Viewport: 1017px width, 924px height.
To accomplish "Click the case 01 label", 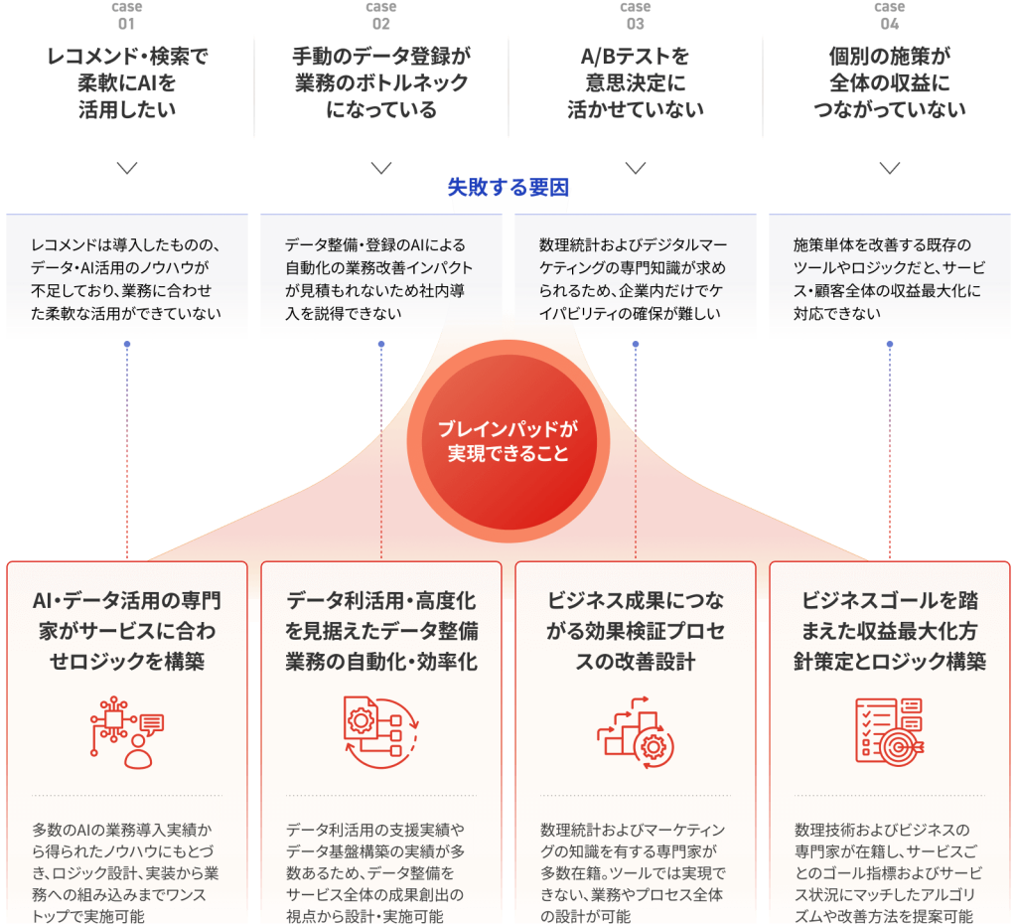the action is [126, 16].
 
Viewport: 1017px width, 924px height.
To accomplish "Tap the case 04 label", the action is [889, 16].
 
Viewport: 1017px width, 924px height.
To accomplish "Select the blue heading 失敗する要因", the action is [508, 188].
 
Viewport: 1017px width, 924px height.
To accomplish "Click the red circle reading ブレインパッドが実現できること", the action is [508, 441].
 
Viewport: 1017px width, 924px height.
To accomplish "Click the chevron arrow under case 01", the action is [127, 168].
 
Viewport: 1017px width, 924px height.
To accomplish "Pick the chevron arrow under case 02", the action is [381, 168].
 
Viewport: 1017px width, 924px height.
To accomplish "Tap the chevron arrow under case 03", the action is [636, 168].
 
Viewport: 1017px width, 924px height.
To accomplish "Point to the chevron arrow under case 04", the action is [890, 168].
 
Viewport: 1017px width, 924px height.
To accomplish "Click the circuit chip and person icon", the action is [127, 732].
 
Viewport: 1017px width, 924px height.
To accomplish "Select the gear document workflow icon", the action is [381, 732].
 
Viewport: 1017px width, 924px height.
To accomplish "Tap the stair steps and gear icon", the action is [636, 732].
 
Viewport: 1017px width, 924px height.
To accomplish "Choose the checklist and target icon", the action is [890, 732].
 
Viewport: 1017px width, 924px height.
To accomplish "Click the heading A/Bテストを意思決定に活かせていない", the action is [636, 83].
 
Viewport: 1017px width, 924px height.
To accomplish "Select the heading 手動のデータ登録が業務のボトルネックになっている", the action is [381, 83].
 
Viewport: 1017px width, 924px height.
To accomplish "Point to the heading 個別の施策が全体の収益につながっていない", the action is [890, 83].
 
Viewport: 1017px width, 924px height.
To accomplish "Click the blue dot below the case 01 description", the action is [127, 344].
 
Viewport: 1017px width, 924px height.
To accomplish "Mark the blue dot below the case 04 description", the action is [890, 344].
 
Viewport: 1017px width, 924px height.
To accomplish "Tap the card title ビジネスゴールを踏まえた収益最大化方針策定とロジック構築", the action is [890, 631].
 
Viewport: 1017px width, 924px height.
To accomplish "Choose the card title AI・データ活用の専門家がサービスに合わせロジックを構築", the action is [127, 631].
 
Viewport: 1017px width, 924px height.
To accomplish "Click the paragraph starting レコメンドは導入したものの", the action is [126, 279].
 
